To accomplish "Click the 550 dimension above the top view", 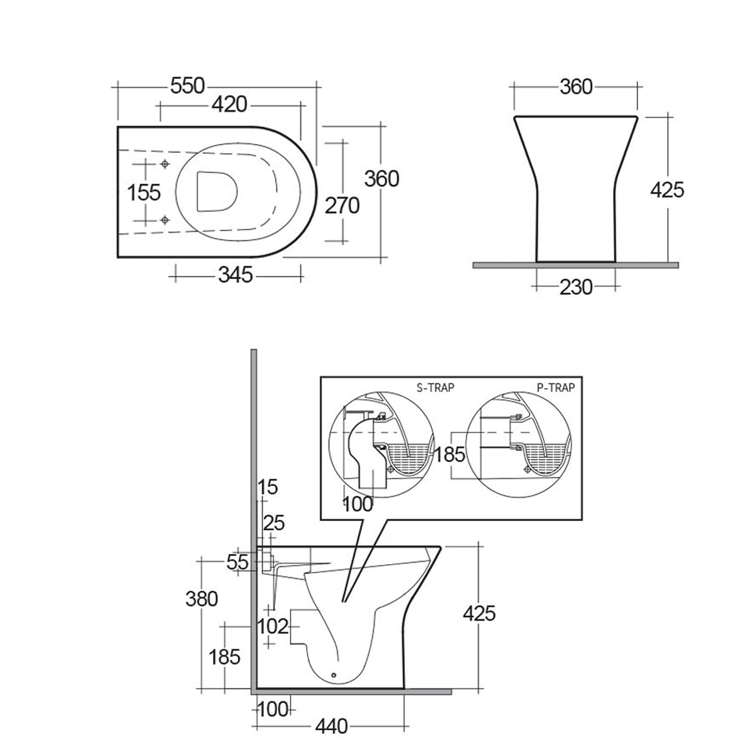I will [x=187, y=86].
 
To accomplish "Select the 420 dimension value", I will [x=230, y=104].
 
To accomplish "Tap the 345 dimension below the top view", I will [x=235, y=275].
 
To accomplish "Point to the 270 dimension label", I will [x=342, y=206].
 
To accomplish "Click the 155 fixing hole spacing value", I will [x=144, y=193].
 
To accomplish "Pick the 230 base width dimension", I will [x=576, y=288].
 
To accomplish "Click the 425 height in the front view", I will [x=667, y=190].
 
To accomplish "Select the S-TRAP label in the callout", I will [x=435, y=388].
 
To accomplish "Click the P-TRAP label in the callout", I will [x=556, y=388].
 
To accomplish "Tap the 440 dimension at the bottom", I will [x=331, y=726].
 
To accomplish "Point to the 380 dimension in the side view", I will [x=202, y=599].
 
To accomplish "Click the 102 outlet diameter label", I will [x=273, y=627].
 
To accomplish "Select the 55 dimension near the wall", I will [x=237, y=563].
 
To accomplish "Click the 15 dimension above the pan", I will [x=268, y=487].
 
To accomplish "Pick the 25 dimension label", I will [x=274, y=523].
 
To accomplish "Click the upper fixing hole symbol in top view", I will [x=165, y=164].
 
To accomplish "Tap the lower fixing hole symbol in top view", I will [x=165, y=220].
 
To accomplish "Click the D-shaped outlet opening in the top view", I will [x=216, y=191].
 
